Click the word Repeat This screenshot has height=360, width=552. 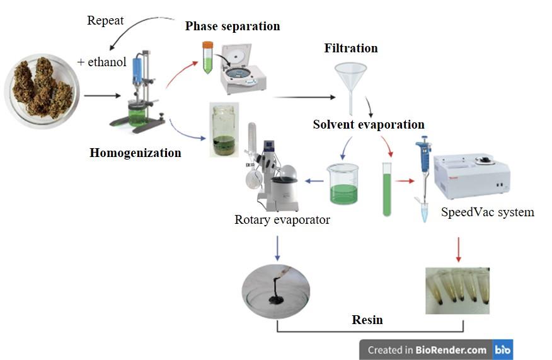pos(105,21)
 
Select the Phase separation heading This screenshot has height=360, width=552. pos(232,26)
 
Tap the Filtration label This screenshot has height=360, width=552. pos(351,49)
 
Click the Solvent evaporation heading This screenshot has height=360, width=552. pos(369,124)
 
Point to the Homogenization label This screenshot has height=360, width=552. pos(135,153)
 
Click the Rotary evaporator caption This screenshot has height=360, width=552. pos(282,220)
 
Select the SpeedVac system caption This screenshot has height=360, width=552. pos(487,212)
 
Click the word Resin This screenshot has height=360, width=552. pos(367,320)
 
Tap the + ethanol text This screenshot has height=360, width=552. pos(101,62)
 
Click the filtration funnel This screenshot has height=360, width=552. pos(351,82)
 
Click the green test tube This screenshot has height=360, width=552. pos(387,189)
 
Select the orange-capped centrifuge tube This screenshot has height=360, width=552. pos(207,57)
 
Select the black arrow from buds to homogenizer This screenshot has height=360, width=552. pos(101,96)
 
